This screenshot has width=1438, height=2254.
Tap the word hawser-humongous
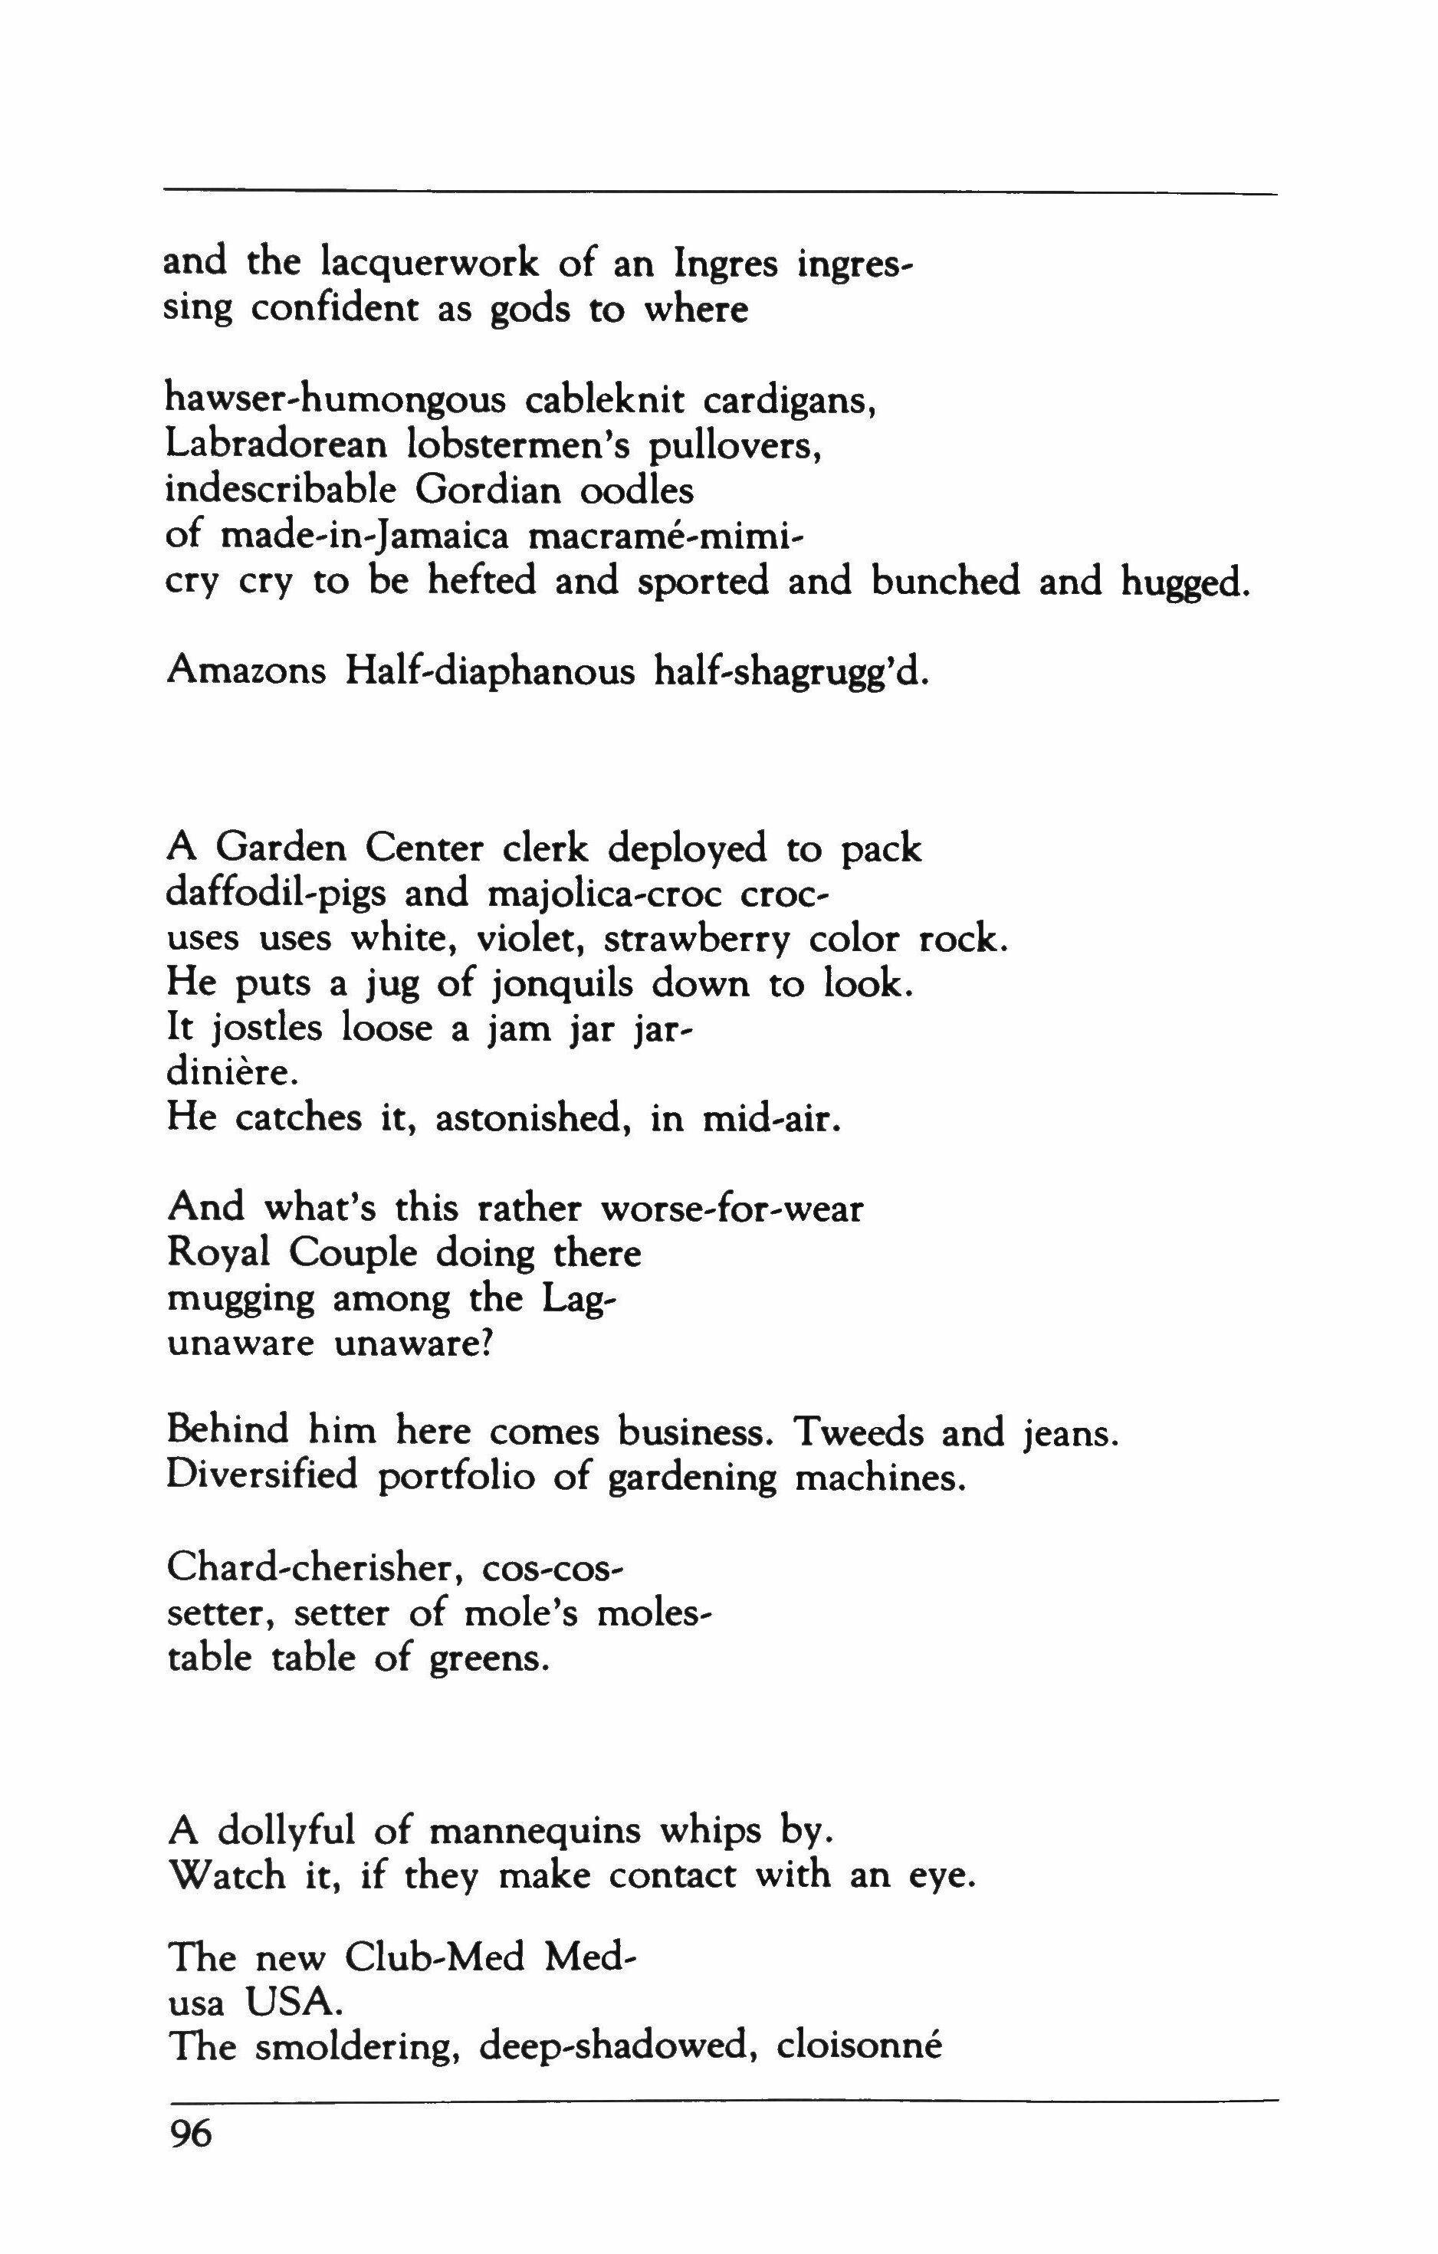tap(335, 402)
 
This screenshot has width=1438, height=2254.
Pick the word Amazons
tap(246, 672)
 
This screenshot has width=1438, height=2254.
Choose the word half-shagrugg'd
tap(791, 674)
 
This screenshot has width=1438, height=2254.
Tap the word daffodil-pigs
tap(275, 895)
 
